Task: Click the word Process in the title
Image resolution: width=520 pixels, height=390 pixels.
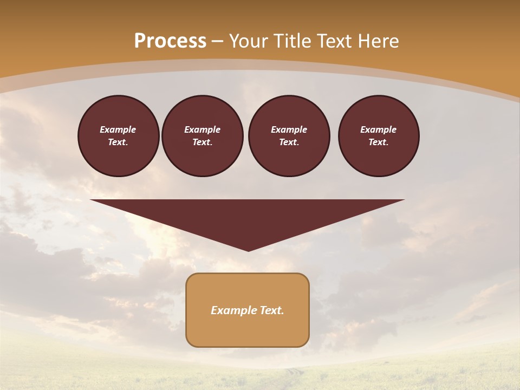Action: [x=170, y=41]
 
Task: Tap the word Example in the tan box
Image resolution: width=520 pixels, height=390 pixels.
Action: [x=233, y=310]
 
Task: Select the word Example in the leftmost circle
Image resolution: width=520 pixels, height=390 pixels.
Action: [x=118, y=129]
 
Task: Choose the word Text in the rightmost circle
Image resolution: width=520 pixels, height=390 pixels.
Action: [x=378, y=142]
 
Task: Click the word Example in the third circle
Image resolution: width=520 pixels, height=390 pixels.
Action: [x=289, y=129]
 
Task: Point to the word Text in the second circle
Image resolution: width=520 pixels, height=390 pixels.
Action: [x=202, y=142]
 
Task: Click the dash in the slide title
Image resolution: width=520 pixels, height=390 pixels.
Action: [x=218, y=41]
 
